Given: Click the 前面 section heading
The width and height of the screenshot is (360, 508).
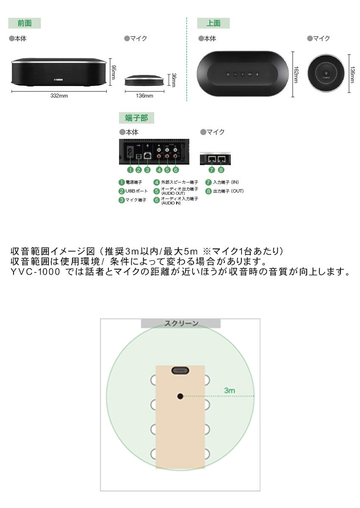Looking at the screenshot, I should tap(25, 23).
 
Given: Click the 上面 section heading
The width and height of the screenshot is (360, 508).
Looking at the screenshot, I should tap(213, 23).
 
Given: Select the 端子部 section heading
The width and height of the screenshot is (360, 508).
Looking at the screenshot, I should tap(136, 118).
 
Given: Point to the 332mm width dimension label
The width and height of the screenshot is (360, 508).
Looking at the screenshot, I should tap(59, 96).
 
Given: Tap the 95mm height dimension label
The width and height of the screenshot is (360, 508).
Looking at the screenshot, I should tap(114, 72).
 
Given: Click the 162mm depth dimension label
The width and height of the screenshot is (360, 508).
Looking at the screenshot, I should tap(296, 75).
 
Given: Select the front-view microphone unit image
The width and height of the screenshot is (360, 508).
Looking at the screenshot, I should tap(144, 80).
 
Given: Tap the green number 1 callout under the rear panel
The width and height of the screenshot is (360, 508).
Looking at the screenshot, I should tap(130, 170).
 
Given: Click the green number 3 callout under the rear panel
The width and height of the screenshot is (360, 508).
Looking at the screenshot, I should tap(147, 170).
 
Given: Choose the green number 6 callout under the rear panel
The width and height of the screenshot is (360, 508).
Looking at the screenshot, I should tap(175, 170).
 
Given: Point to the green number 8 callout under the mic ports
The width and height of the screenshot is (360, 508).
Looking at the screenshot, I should tap(221, 170).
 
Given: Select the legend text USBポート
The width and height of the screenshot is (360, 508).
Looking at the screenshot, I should tap(135, 191).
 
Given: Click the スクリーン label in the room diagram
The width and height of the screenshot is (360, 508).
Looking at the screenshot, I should tap(181, 324).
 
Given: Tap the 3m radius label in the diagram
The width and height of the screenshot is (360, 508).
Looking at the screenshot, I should tap(230, 390).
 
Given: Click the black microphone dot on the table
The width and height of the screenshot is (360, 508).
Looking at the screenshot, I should tap(180, 396).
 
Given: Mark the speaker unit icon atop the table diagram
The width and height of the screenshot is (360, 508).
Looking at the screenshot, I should tap(180, 370).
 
